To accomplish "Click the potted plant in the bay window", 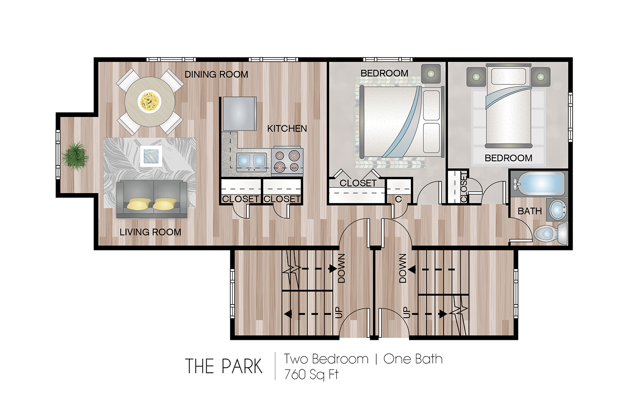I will (x=75, y=156).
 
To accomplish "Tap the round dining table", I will (x=149, y=102).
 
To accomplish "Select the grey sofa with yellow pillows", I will (x=152, y=199).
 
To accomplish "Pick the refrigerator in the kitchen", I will (x=240, y=114).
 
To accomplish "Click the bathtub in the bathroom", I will (x=539, y=184).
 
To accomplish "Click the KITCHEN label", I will (x=287, y=128).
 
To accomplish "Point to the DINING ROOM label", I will (x=216, y=74).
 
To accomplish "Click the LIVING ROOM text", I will (x=150, y=232).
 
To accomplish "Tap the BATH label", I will (x=530, y=211).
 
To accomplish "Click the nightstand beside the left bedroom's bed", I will (x=431, y=74).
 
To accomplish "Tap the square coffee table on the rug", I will (x=151, y=156).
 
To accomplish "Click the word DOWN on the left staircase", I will (x=342, y=268).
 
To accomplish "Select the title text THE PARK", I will (x=224, y=366).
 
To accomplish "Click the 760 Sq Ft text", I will (x=311, y=374).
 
